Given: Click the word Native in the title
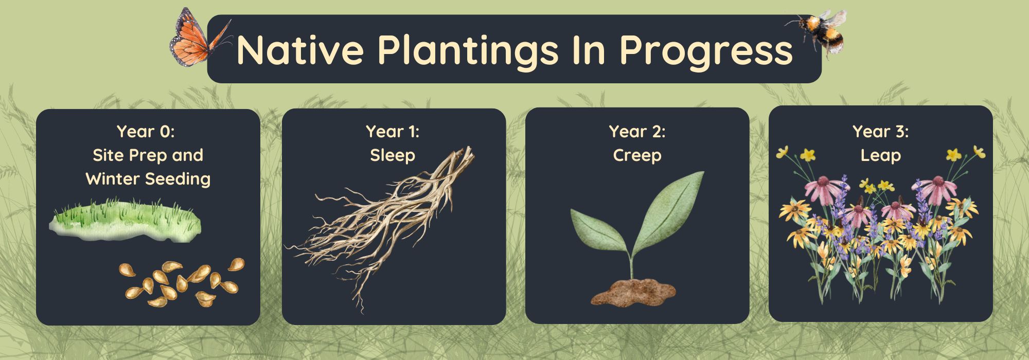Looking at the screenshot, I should point(300,50).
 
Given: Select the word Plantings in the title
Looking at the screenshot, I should point(468,51).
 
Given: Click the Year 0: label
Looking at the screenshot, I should point(146,131).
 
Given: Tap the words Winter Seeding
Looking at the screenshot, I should point(148,179).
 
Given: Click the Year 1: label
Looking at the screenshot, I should point(393,131).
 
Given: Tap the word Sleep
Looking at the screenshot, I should point(393,155).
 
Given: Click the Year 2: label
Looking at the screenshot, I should point(637,131).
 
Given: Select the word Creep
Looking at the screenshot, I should point(637,155).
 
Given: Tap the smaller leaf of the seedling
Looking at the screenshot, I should point(599,231).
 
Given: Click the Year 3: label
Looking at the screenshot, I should point(880,131).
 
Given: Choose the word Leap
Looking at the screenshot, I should point(880,155).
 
